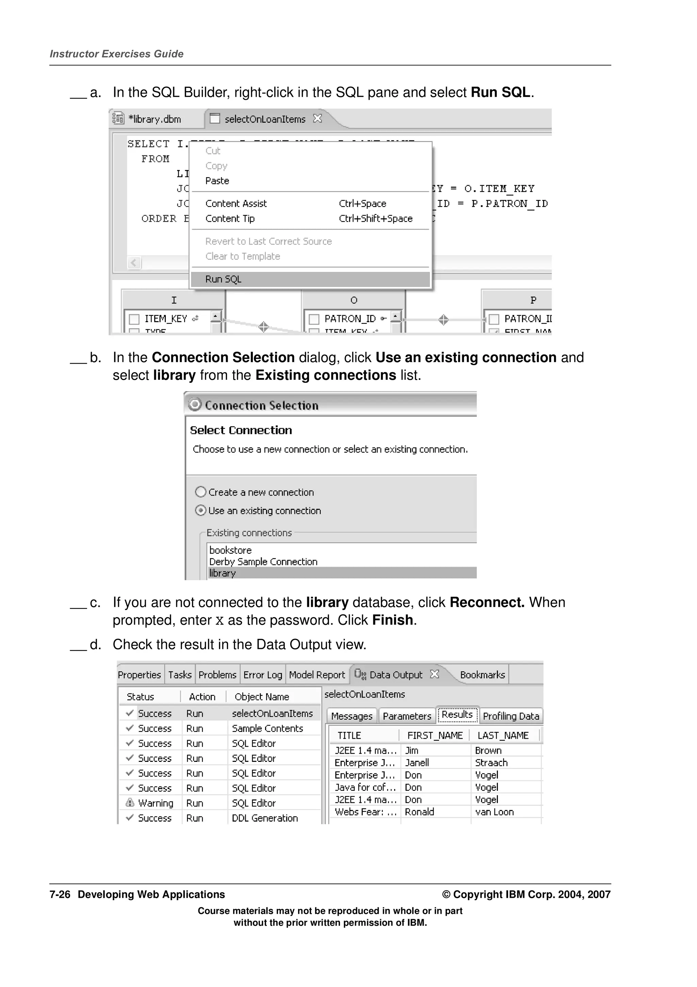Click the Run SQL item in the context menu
(x=223, y=279)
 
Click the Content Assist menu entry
(x=236, y=204)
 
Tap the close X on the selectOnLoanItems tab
(x=318, y=118)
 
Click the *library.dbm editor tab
(x=154, y=120)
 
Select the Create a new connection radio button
(x=200, y=492)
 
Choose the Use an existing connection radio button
(x=200, y=510)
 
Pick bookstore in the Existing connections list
(x=230, y=550)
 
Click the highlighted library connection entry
(x=223, y=573)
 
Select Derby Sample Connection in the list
(x=263, y=562)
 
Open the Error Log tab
(x=262, y=675)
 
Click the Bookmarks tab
(x=482, y=675)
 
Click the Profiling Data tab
(x=510, y=716)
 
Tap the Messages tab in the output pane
(x=351, y=716)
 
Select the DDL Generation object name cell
(x=264, y=818)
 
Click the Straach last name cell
(x=491, y=763)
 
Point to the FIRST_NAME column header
(x=435, y=736)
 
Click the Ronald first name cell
(x=419, y=812)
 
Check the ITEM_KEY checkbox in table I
(x=134, y=319)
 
